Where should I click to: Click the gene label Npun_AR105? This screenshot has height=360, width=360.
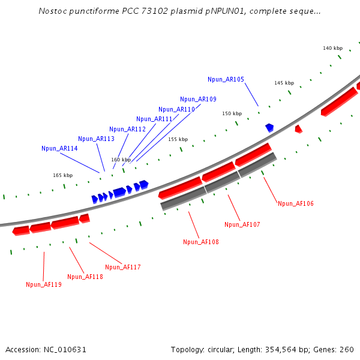point(226,79)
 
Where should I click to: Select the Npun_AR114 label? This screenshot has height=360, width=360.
point(59,148)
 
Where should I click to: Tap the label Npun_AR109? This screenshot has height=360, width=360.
point(198,99)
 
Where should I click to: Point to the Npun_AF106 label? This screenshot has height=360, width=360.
point(295,203)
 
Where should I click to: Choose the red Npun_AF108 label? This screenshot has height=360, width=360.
point(201,242)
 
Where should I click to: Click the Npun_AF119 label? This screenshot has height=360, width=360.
point(43,284)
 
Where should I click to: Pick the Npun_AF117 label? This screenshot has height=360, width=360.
point(122,267)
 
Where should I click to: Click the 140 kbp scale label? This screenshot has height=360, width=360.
point(332,48)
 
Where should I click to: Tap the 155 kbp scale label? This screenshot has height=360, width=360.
point(178,139)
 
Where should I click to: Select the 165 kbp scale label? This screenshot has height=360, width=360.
point(62,175)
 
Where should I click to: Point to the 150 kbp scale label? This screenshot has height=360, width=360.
point(232,113)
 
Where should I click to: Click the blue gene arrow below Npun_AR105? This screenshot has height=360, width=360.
point(269,127)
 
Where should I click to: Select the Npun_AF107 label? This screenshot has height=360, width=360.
point(242,224)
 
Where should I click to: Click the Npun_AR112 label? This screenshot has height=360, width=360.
point(127,129)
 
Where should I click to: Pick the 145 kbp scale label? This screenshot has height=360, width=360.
point(284,83)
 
